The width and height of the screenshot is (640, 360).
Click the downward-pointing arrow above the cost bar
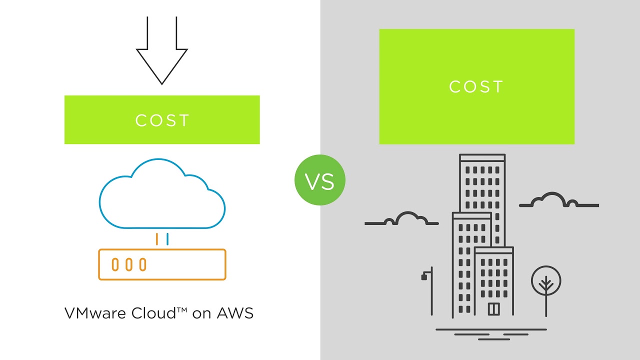162,55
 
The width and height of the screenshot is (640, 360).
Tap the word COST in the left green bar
162,120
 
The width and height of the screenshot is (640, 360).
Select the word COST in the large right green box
476,87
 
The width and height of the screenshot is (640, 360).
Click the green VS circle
320,180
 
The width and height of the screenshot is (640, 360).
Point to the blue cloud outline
162,195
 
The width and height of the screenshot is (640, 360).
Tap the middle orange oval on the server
129,264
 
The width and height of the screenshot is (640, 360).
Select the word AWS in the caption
235,313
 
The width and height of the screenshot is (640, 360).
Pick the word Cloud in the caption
148,313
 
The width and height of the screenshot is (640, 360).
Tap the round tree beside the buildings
546,281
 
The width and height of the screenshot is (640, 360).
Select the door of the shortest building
494,309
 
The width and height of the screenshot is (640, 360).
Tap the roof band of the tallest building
482,157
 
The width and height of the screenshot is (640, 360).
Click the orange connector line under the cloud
157,239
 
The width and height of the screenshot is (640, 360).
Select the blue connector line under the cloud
167,239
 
